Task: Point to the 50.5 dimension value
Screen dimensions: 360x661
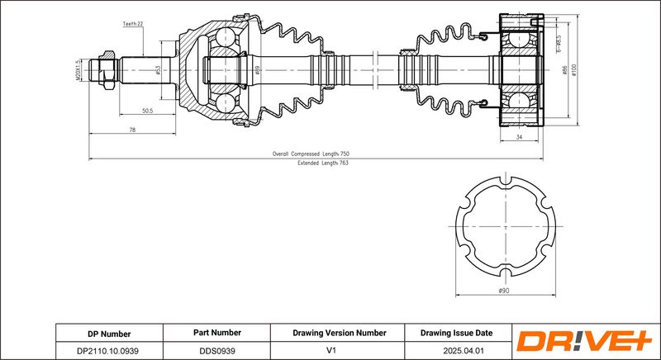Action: [148, 110]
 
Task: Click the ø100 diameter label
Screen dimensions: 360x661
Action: [574, 72]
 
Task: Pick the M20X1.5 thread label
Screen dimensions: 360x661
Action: [77, 69]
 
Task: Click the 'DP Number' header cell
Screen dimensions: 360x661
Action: [109, 333]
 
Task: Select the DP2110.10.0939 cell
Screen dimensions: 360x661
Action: [109, 350]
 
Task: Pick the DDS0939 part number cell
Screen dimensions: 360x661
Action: [216, 350]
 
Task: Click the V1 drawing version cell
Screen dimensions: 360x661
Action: [339, 350]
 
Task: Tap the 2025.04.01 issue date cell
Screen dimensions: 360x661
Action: [456, 350]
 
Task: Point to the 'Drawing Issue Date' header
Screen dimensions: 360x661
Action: [456, 333]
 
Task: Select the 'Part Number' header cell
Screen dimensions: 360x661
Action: [216, 333]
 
